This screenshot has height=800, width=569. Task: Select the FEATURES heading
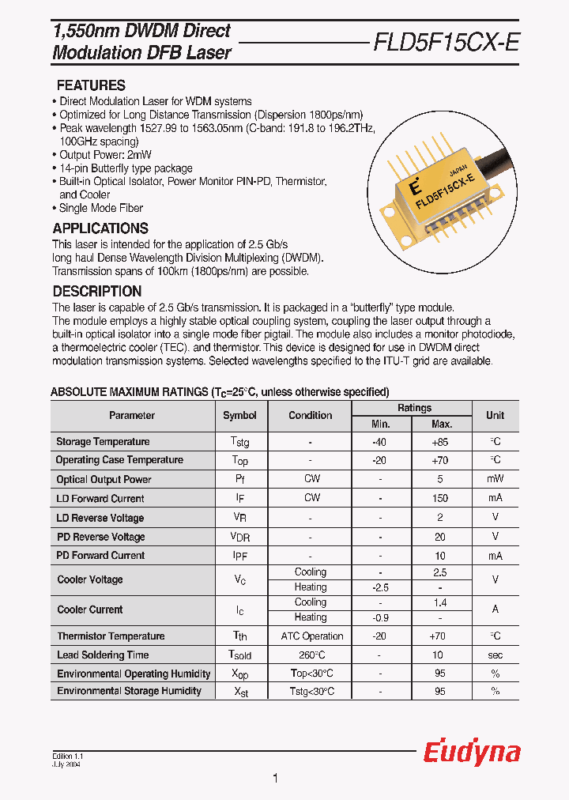pyautogui.click(x=91, y=85)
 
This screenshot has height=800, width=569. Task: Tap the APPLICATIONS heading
pyautogui.click(x=100, y=228)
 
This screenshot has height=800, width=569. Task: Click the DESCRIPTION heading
pyautogui.click(x=97, y=291)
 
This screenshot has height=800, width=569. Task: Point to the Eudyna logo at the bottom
pyautogui.click(x=472, y=753)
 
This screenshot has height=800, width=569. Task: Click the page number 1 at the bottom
pyautogui.click(x=275, y=779)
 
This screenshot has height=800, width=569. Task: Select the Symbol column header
pyautogui.click(x=239, y=416)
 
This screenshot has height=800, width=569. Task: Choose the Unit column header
pyautogui.click(x=495, y=416)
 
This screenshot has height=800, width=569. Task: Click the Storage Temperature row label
pyautogui.click(x=103, y=442)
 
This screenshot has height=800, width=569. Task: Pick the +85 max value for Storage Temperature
pyautogui.click(x=440, y=442)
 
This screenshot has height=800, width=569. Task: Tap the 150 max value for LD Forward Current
pyautogui.click(x=440, y=499)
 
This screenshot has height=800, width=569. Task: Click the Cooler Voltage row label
pyautogui.click(x=90, y=579)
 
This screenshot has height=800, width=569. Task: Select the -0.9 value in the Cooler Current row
pyautogui.click(x=379, y=617)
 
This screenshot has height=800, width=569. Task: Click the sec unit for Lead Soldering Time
pyautogui.click(x=495, y=655)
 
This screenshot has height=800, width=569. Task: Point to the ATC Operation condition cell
pyautogui.click(x=312, y=636)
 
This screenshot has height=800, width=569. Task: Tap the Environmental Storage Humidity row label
pyautogui.click(x=129, y=692)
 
